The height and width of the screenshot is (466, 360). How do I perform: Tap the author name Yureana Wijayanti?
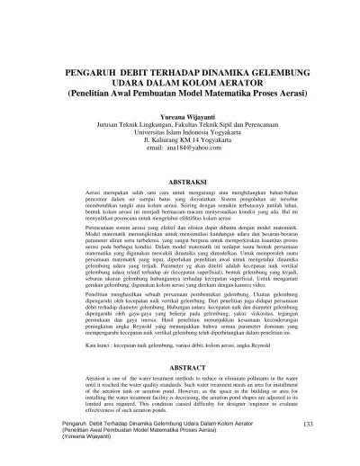[179, 118]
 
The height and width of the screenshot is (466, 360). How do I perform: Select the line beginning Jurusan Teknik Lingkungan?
[180, 126]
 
